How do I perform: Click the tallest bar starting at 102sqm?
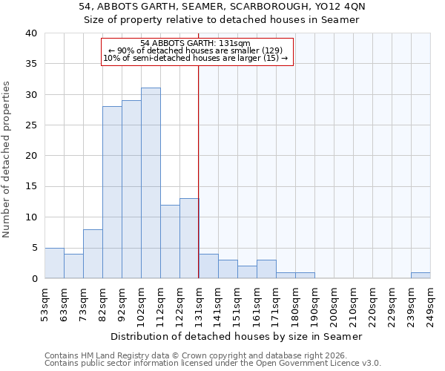151,183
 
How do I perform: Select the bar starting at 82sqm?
112,192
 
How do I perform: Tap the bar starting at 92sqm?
131,189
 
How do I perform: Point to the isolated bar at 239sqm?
421,275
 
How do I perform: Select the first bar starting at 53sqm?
54,263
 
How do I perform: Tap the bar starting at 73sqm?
93,254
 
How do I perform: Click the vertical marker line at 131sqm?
199,171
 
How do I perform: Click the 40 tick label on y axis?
30,33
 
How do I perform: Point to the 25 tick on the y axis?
30,125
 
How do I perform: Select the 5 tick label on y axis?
33,248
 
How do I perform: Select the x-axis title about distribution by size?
237,336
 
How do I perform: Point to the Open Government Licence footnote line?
213,364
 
